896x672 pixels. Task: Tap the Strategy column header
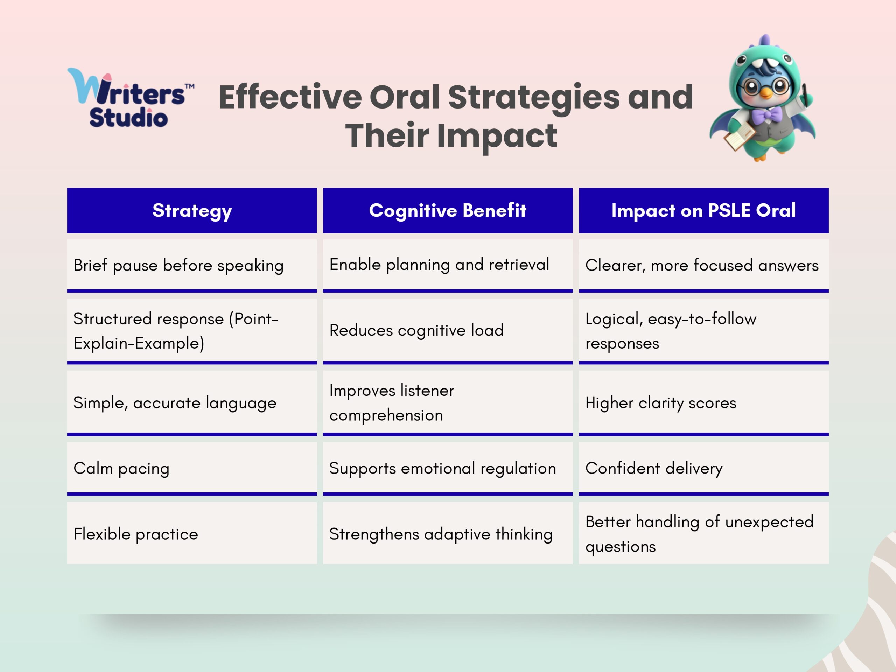point(192,210)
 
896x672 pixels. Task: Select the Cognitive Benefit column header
point(448,210)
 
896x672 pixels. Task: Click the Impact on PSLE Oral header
point(703,210)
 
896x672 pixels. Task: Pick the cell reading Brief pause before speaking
point(192,265)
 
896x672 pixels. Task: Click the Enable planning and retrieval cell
point(448,265)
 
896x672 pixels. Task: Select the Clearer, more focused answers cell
point(703,265)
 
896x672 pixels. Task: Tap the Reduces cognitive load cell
point(448,330)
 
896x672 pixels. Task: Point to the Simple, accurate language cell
point(192,402)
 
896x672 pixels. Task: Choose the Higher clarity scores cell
point(703,402)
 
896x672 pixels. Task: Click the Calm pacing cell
point(192,468)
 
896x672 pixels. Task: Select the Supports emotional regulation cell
point(448,468)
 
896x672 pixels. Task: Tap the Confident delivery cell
point(703,468)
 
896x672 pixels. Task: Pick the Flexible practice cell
point(192,533)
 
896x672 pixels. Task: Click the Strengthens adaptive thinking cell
point(448,533)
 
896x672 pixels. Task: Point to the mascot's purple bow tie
point(765,115)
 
